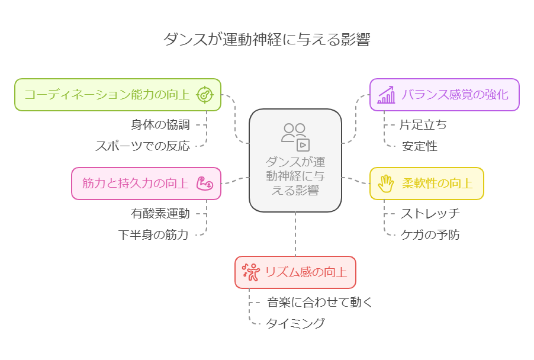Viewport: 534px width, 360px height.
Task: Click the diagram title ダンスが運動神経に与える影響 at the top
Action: click(x=266, y=40)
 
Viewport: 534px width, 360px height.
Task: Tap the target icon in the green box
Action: click(x=204, y=95)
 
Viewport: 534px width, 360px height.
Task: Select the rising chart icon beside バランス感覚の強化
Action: click(x=387, y=95)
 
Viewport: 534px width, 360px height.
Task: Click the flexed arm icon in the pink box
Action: click(x=204, y=183)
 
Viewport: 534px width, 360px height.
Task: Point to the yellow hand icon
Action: click(x=387, y=183)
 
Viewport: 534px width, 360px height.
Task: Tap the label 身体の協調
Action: click(x=160, y=125)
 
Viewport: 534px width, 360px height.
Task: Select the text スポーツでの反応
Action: click(x=143, y=146)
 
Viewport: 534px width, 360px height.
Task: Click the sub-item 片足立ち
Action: click(x=424, y=125)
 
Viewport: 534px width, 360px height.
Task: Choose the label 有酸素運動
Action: click(x=160, y=213)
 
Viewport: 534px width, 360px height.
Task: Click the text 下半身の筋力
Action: click(x=153, y=234)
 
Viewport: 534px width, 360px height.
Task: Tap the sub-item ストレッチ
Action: click(x=430, y=213)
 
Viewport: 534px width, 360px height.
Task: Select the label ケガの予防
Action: click(x=430, y=234)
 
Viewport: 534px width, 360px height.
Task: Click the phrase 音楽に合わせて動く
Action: click(x=319, y=302)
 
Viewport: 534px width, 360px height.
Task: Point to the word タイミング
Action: click(x=295, y=323)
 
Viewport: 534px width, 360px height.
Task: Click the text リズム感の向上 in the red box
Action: click(x=305, y=272)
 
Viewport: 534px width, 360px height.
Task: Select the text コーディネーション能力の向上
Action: click(x=107, y=95)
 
